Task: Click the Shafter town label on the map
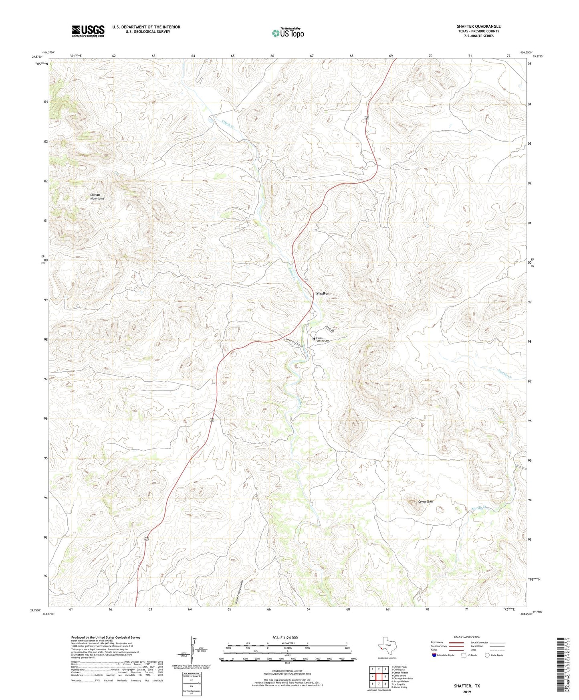322,293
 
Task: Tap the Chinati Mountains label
97,196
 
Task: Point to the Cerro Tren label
425,502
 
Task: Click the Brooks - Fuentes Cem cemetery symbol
314,339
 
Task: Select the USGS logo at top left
88,31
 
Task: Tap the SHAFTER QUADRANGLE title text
478,26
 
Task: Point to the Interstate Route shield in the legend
434,655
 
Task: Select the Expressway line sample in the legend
456,642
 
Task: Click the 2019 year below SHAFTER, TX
467,692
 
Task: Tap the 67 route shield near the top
367,117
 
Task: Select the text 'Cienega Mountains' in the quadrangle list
403,678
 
